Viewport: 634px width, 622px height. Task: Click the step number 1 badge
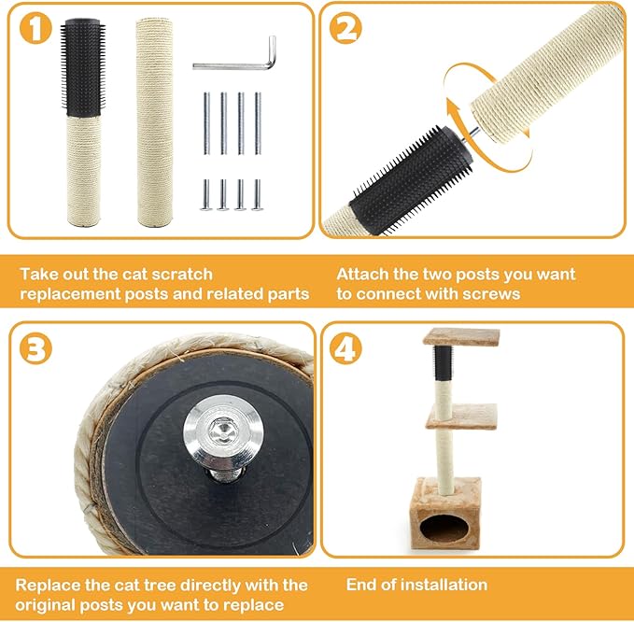click(x=35, y=27)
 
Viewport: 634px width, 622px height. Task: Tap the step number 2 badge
click(x=345, y=28)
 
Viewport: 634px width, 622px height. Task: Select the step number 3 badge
click(x=35, y=348)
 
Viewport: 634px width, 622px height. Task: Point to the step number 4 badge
click(x=345, y=348)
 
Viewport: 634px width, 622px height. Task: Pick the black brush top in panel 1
click(x=83, y=67)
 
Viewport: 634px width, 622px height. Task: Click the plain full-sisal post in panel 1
click(x=154, y=121)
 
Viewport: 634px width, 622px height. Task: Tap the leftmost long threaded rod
click(x=206, y=123)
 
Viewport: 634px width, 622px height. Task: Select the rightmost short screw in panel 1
click(x=258, y=195)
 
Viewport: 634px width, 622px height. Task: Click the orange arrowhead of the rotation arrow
click(x=453, y=106)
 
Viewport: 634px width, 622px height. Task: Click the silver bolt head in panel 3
click(x=221, y=435)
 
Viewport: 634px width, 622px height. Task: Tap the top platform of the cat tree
click(x=461, y=336)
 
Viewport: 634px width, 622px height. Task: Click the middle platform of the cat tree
click(x=461, y=417)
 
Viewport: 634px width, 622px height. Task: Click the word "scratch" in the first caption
click(x=186, y=275)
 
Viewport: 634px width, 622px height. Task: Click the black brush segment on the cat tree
click(x=444, y=362)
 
